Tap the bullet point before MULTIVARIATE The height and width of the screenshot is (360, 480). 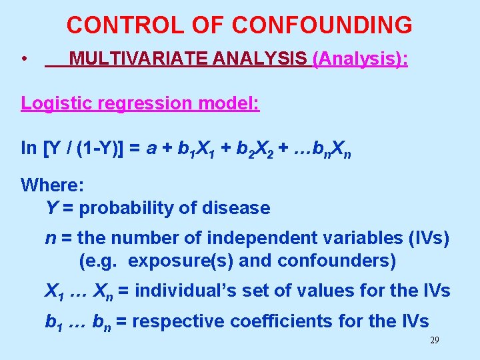23,60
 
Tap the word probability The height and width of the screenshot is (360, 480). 125,208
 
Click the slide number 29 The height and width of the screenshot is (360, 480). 435,341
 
